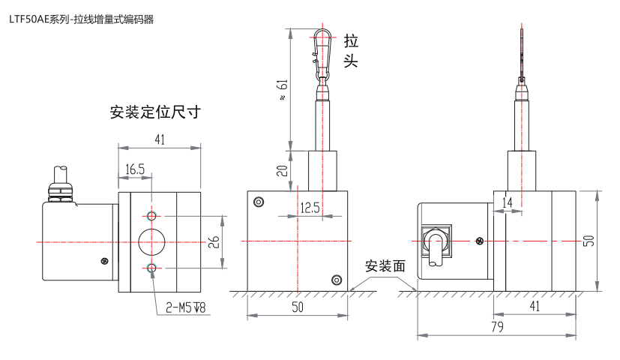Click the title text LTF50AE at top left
click(28, 19)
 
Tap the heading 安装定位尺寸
click(155, 112)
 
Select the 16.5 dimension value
click(135, 169)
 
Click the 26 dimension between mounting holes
click(214, 242)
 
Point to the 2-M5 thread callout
click(185, 307)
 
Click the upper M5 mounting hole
click(151, 215)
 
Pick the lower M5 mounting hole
click(151, 268)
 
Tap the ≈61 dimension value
click(283, 90)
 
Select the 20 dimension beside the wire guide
click(283, 170)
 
